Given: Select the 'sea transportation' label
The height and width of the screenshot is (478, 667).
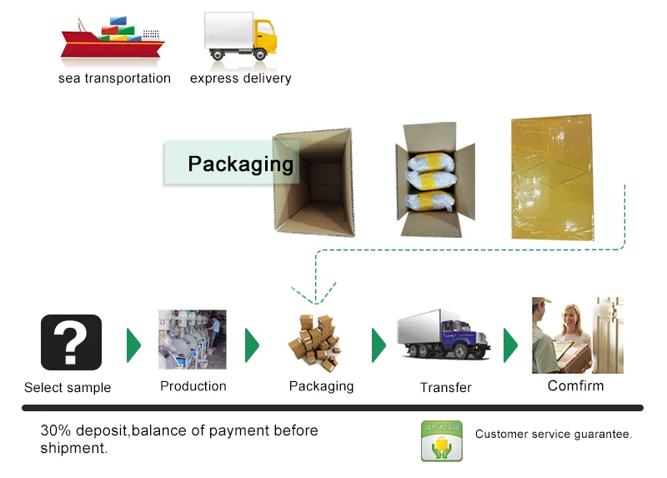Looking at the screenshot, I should (114, 78).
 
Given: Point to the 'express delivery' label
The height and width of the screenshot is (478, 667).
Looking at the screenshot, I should (240, 78).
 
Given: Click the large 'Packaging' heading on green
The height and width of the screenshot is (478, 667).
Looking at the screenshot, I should (240, 164).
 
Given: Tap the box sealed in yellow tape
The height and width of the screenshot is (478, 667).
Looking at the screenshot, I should (552, 178).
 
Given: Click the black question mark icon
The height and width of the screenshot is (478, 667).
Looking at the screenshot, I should (71, 342).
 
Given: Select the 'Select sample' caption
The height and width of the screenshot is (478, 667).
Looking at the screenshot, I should (68, 387).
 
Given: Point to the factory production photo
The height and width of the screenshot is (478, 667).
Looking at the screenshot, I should (193, 340).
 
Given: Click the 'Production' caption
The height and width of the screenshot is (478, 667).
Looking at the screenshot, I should (193, 386).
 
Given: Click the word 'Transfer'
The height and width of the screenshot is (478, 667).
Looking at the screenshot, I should (446, 387).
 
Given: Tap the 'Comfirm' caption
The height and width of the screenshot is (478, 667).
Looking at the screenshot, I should (575, 385).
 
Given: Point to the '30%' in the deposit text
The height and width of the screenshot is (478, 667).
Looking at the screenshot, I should (55, 431).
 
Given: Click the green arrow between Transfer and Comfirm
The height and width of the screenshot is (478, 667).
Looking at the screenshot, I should (510, 345).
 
